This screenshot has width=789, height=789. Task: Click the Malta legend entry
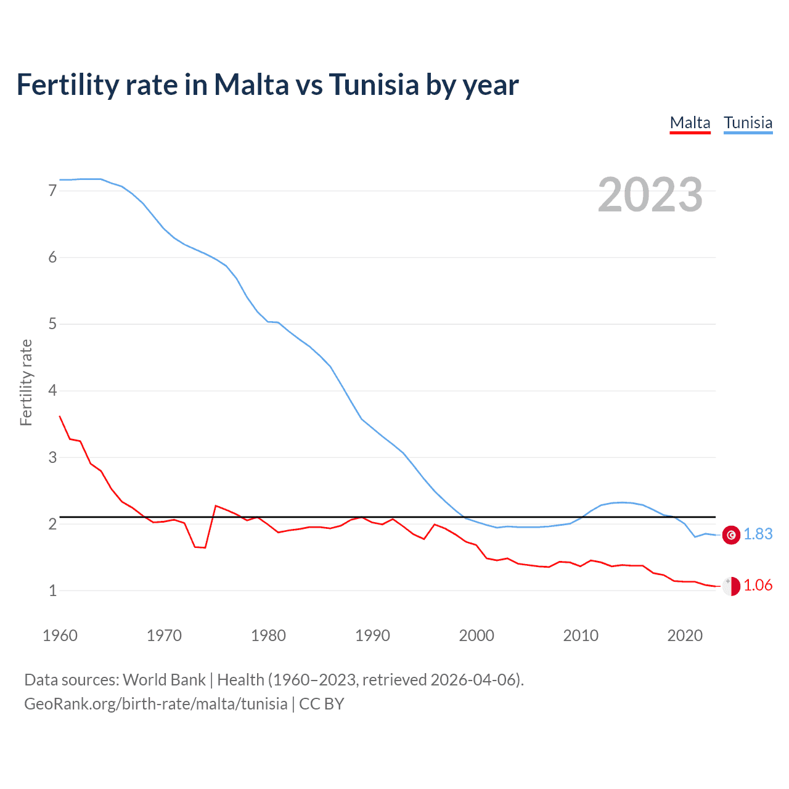point(690,123)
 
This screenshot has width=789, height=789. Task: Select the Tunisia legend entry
point(748,123)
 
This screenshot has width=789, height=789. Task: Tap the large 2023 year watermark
point(650,195)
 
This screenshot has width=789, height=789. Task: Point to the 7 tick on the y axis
point(52,191)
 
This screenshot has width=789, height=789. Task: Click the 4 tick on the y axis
point(52,391)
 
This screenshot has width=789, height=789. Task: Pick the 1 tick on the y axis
point(52,591)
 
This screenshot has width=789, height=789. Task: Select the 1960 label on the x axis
point(60,636)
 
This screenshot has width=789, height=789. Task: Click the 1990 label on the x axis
point(372,636)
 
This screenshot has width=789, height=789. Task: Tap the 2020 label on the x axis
point(685,636)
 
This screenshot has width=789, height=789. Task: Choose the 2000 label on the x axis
point(476,636)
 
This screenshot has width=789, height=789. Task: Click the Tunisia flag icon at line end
point(731,535)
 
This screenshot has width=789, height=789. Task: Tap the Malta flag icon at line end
point(731,586)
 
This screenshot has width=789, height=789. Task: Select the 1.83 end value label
point(758,534)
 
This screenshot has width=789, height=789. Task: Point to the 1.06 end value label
point(758,586)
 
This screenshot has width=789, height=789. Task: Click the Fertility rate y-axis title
point(26,382)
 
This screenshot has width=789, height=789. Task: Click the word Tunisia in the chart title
point(374,84)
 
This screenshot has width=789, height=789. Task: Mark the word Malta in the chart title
point(251,84)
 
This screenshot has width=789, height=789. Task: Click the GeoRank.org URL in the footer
point(155,704)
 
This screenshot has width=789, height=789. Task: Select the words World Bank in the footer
point(164,680)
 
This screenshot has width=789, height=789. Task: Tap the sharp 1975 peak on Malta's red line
point(216,506)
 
